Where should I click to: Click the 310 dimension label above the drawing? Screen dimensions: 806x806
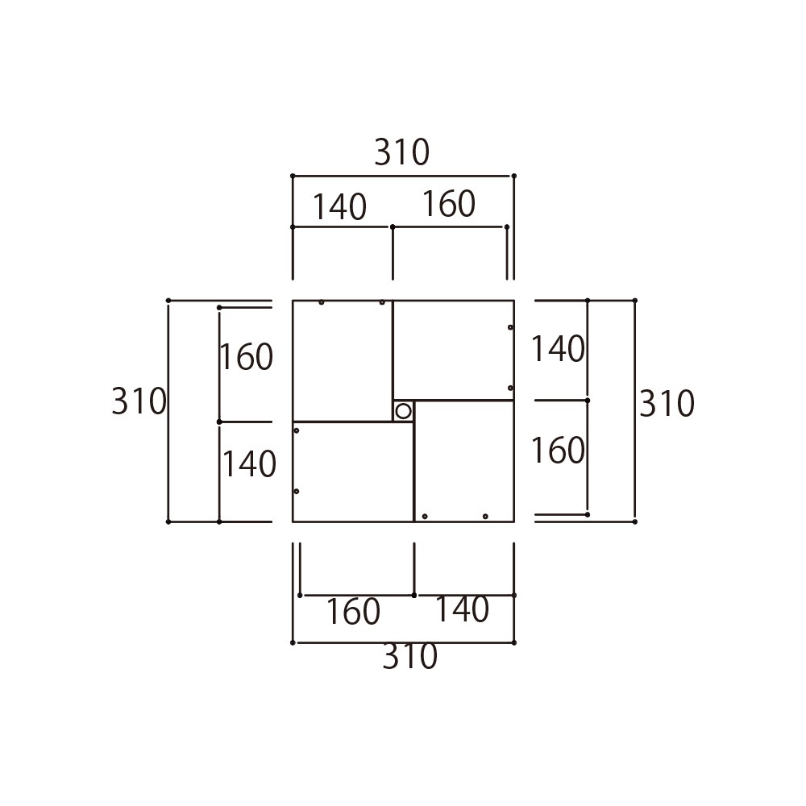pos(401,152)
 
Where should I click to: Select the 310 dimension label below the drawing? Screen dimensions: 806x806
pos(409,656)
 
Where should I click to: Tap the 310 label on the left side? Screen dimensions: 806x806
pos(139,401)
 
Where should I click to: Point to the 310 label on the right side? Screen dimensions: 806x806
pos(667,404)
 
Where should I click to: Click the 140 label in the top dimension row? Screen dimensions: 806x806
pos(340,206)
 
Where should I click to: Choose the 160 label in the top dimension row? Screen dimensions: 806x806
pos(449,204)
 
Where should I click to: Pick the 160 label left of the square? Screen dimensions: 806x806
pos(247,357)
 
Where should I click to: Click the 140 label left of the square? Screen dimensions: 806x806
pos(249,464)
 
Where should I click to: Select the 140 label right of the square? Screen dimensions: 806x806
pos(558,349)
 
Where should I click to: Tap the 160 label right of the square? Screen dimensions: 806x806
pos(558,451)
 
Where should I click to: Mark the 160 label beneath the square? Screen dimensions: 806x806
pos(354,612)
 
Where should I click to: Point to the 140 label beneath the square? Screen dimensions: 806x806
pos(462,609)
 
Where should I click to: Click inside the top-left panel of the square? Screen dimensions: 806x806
pos(343,361)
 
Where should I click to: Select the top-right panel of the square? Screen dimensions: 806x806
pos(453,350)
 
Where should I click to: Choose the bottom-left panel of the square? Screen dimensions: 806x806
pos(353,472)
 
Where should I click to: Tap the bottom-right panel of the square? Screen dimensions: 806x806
pos(464,462)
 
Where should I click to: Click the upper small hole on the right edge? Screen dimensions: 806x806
pos(510,327)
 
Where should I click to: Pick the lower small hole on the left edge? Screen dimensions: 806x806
pos(296,492)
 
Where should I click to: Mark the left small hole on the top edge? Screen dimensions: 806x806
pos(322,302)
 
